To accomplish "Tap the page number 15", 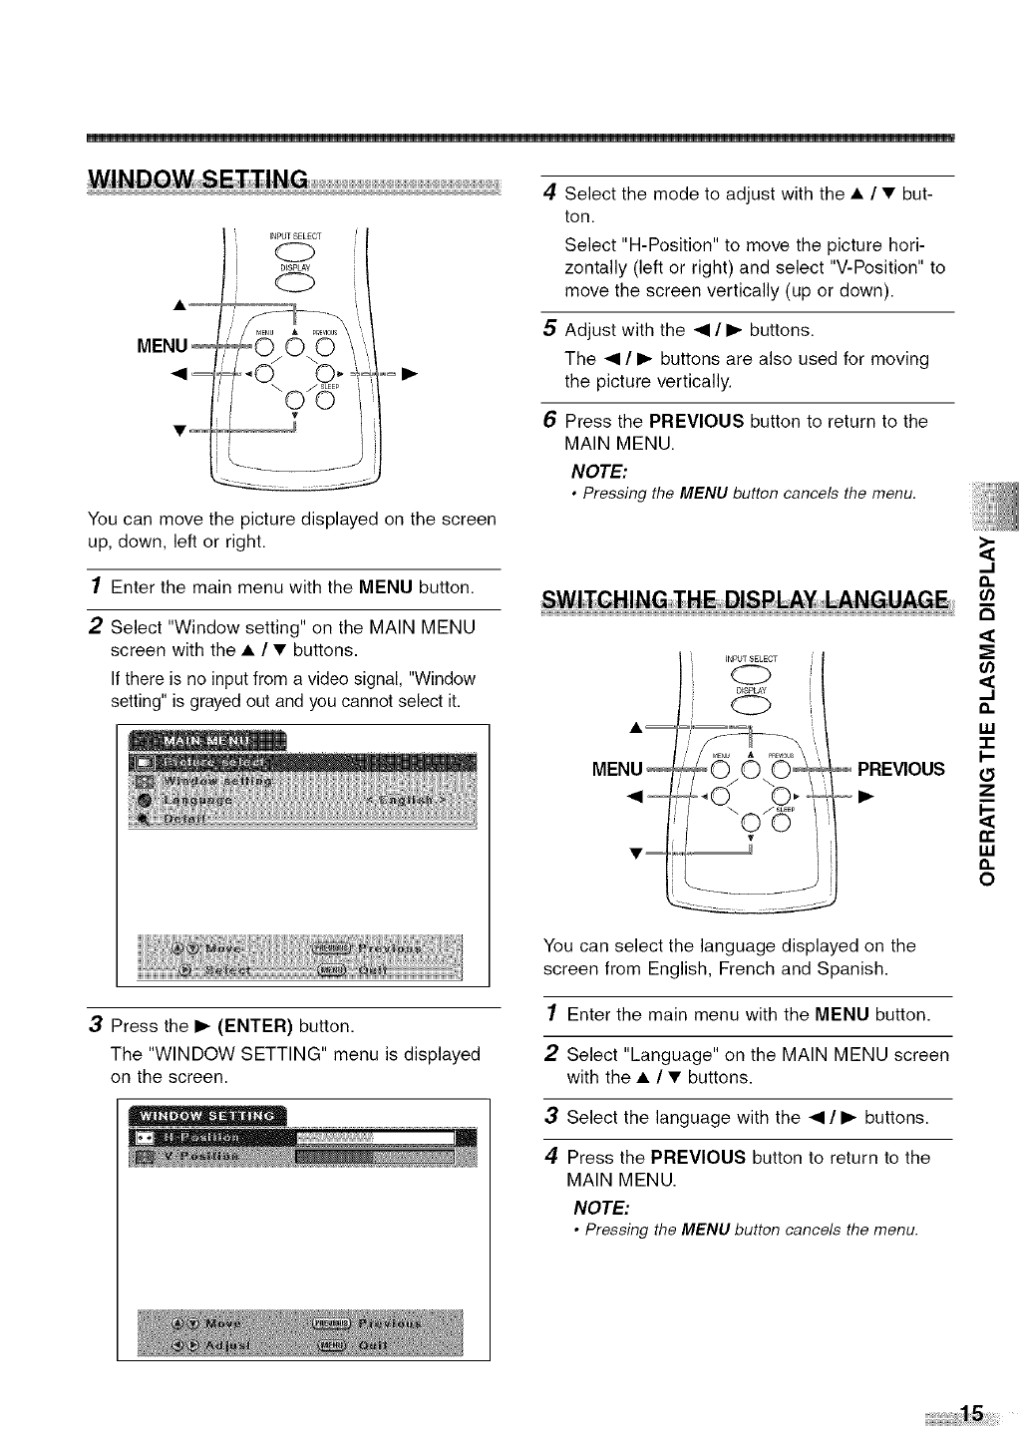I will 971,1414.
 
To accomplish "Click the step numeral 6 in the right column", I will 547,421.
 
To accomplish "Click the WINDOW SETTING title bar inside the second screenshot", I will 206,1114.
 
